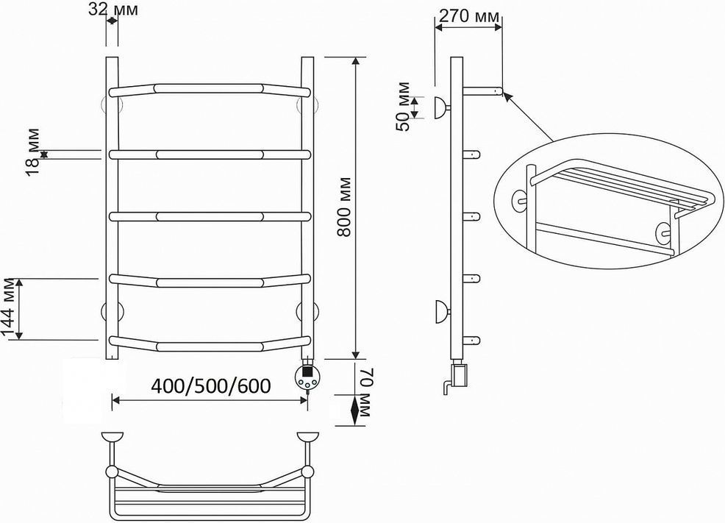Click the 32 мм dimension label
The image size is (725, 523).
tap(113, 9)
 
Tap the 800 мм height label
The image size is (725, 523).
tap(344, 207)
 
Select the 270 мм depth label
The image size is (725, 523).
tap(469, 16)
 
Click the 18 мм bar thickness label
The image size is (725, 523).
tap(33, 152)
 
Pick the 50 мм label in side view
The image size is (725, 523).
tap(403, 107)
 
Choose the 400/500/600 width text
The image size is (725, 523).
tap(211, 385)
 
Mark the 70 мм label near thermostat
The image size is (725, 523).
tap(366, 393)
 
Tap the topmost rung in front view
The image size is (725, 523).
tap(210, 89)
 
